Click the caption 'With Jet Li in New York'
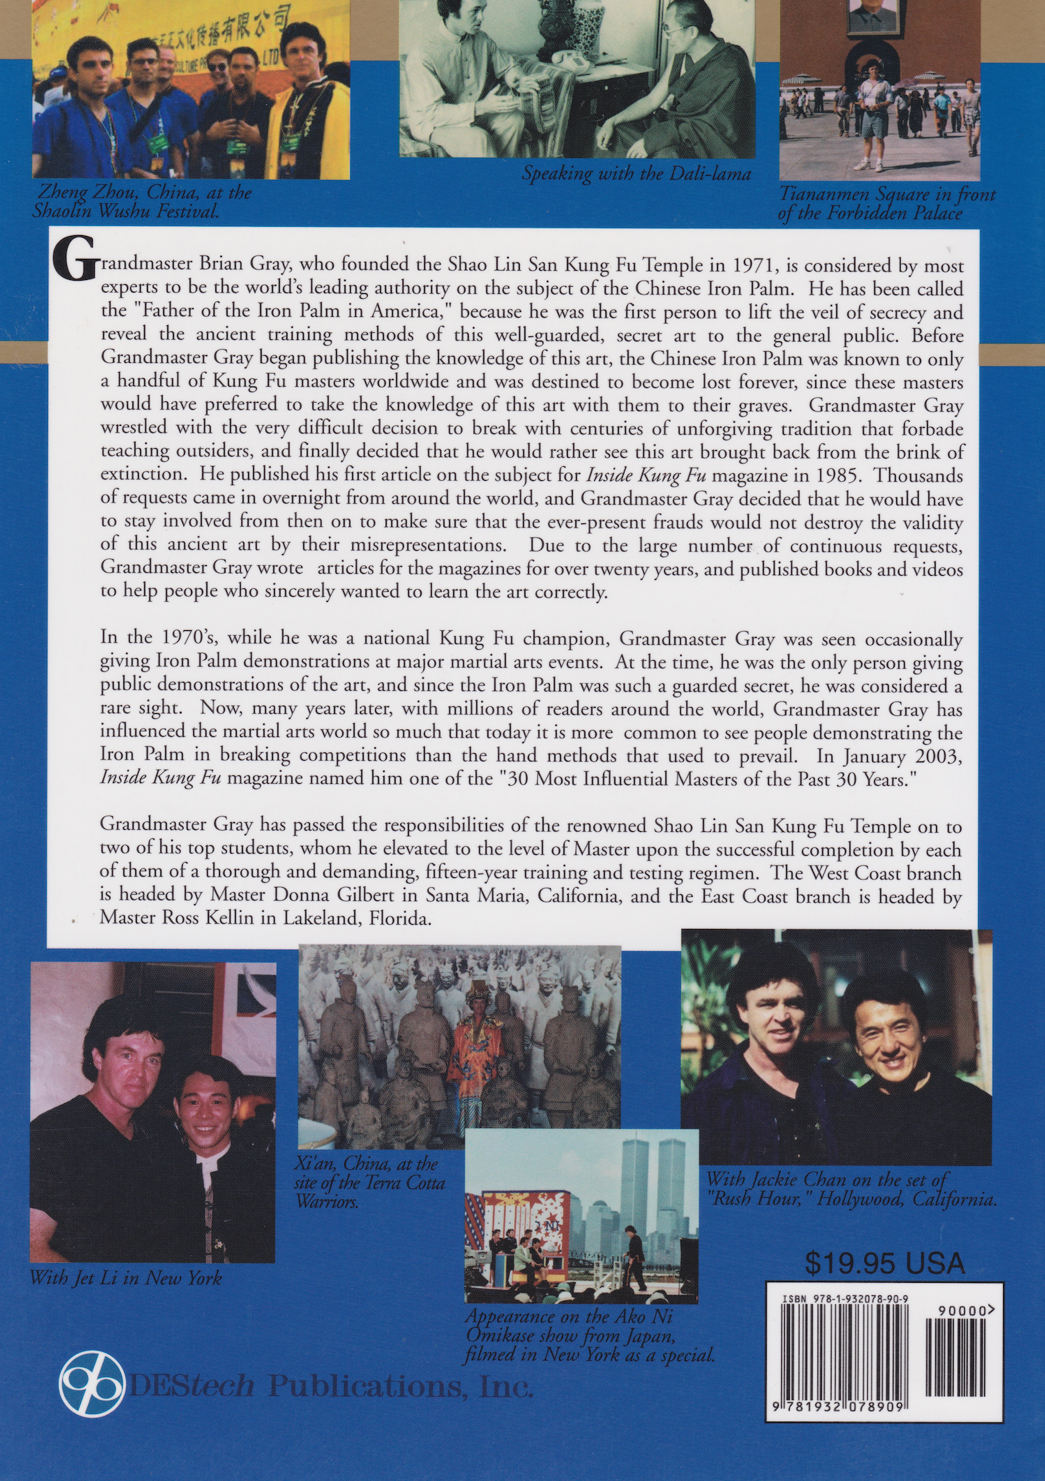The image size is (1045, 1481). click(x=126, y=1279)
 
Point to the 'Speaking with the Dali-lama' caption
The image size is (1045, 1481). click(x=636, y=174)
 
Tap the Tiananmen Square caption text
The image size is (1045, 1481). click(x=886, y=204)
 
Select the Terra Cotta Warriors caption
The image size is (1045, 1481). click(x=370, y=1183)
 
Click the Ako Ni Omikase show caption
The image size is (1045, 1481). click(x=590, y=1336)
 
